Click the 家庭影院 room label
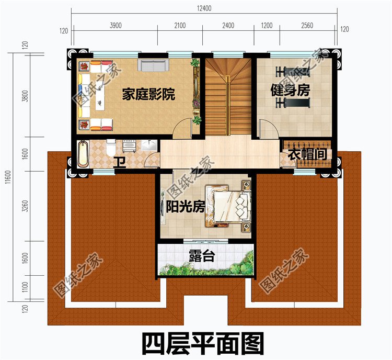(x=148, y=95)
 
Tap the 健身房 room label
(x=290, y=90)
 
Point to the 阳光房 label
(x=186, y=207)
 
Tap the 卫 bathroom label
(x=120, y=161)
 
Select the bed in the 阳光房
(x=230, y=205)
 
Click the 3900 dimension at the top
(x=116, y=26)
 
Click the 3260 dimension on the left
(x=25, y=208)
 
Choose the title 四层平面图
(x=203, y=344)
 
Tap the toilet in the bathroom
(x=111, y=148)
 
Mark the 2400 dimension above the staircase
(x=228, y=26)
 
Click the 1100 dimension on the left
(x=25, y=286)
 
